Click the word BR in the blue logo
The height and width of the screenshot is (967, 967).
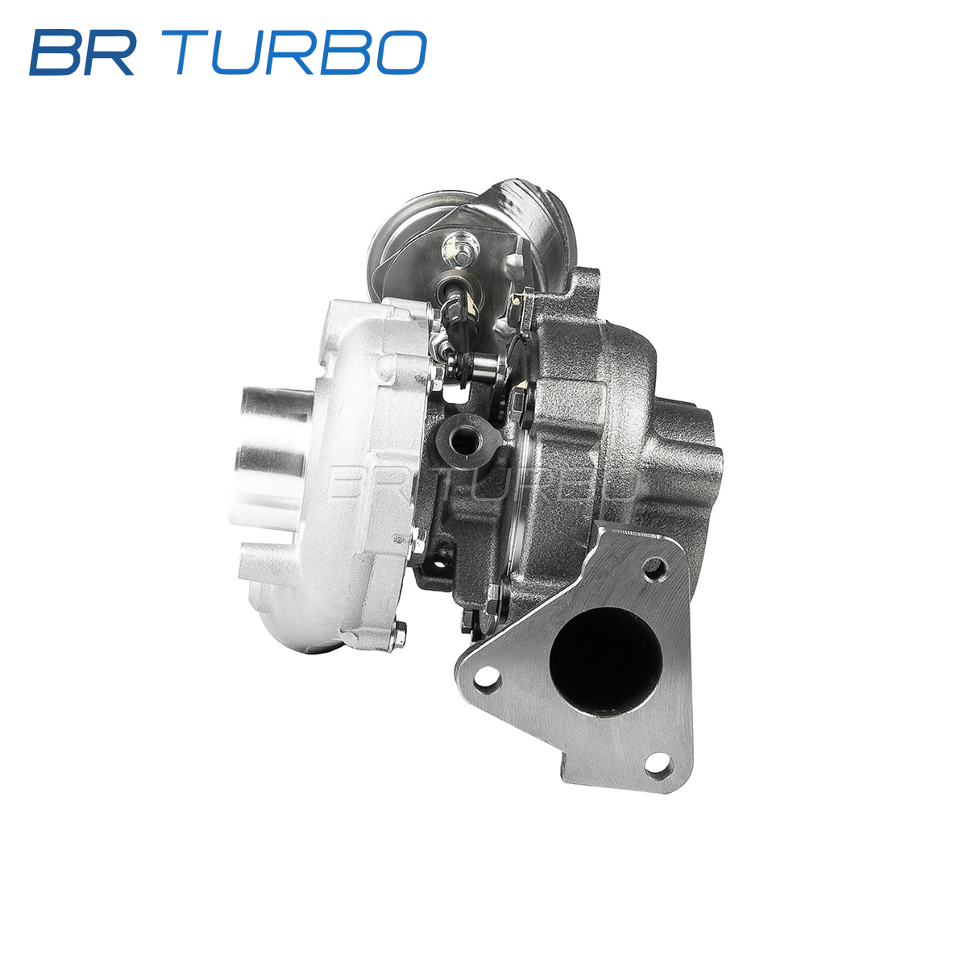coord(82,52)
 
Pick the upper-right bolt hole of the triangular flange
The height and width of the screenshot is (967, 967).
coord(655,569)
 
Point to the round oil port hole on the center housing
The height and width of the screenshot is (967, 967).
coord(464,441)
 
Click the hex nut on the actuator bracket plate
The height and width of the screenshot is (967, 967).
coord(460,248)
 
